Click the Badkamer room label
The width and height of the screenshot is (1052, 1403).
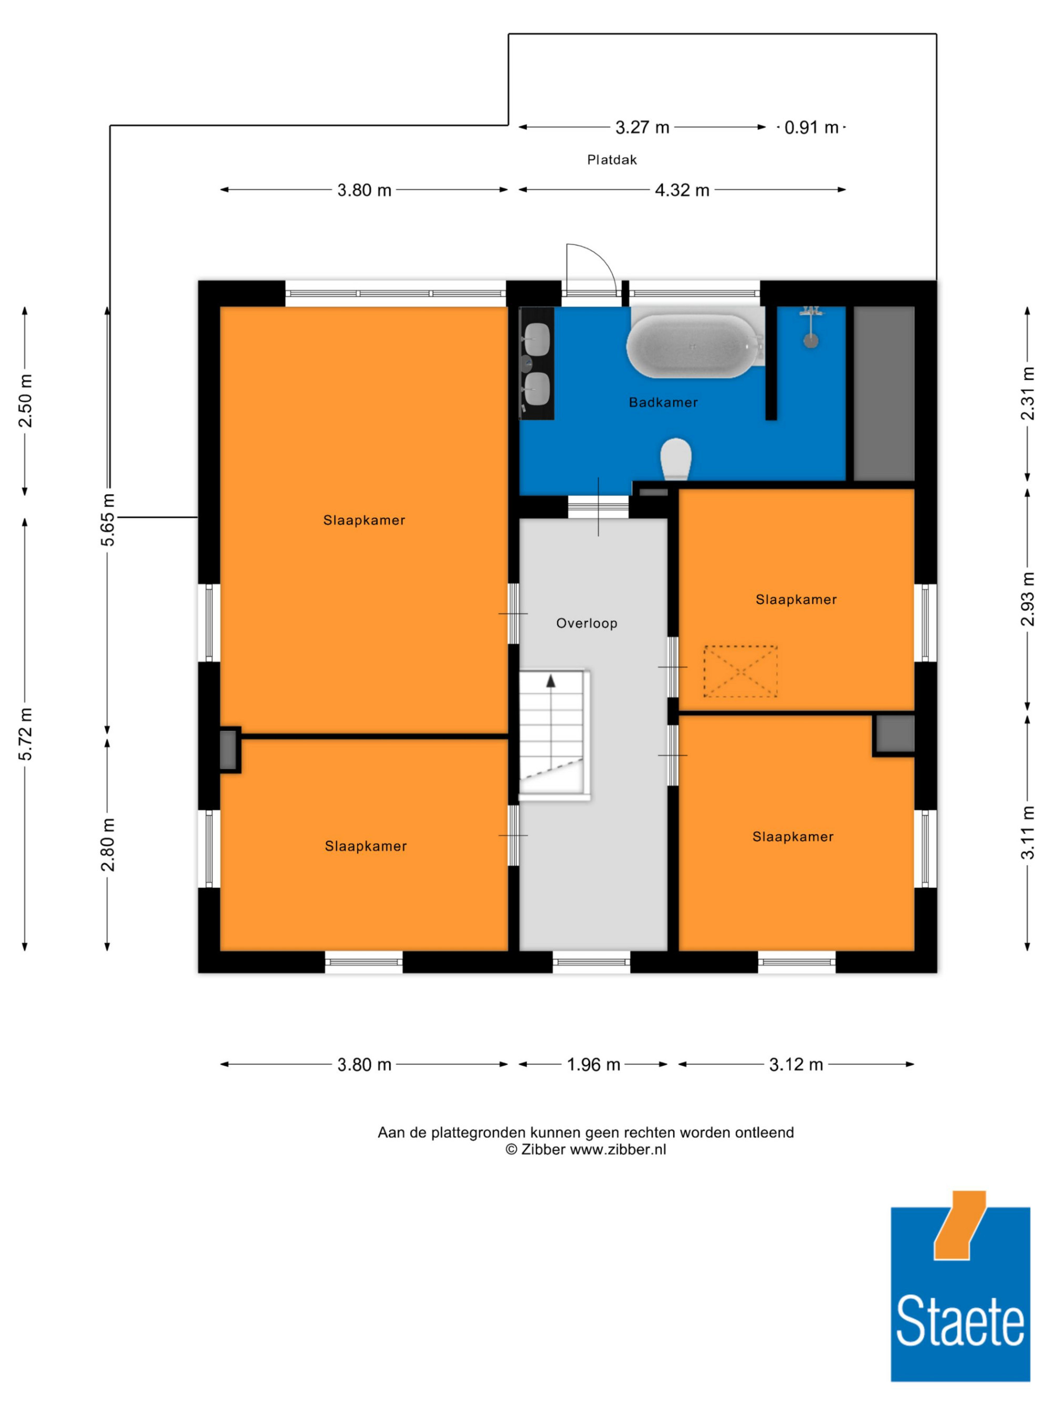click(x=663, y=402)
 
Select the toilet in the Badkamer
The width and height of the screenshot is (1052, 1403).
click(x=675, y=459)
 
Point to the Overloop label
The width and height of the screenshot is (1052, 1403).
click(x=586, y=623)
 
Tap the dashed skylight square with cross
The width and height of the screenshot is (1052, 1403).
click(x=740, y=672)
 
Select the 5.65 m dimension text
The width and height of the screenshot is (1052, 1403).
click(x=108, y=519)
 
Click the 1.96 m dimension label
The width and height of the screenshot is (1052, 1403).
click(x=593, y=1064)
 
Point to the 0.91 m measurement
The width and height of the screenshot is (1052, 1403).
click(x=811, y=127)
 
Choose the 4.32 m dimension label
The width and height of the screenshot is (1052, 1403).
click(x=682, y=190)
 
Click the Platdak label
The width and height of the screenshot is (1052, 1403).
click(x=612, y=160)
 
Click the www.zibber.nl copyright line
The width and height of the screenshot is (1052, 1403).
click(x=585, y=1149)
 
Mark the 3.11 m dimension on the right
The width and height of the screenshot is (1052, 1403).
click(x=1027, y=832)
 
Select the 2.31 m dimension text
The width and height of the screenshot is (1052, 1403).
click(x=1027, y=393)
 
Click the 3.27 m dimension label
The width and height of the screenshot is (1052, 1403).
click(x=642, y=127)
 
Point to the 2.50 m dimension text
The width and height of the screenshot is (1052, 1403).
click(x=25, y=401)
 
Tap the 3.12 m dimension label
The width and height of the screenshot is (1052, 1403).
click(x=796, y=1064)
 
